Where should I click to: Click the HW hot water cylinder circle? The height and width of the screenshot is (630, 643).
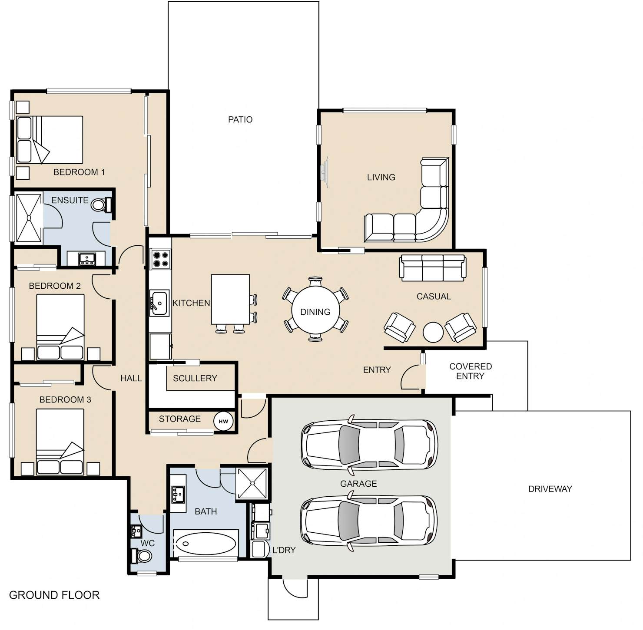pyautogui.click(x=223, y=421)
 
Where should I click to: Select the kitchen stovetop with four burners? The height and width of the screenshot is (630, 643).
pyautogui.click(x=160, y=259)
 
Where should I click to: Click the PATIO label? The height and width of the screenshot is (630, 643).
pyautogui.click(x=240, y=119)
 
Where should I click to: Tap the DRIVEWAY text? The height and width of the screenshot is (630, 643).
pyautogui.click(x=550, y=489)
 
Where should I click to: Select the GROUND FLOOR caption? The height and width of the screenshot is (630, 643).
pyautogui.click(x=54, y=595)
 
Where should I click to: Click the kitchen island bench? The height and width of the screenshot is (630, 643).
pyautogui.click(x=230, y=299)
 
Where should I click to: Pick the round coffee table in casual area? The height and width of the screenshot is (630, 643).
pyautogui.click(x=433, y=332)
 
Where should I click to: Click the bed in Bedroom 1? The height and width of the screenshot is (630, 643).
pyautogui.click(x=50, y=140)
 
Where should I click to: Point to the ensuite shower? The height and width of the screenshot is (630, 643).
pyautogui.click(x=29, y=218)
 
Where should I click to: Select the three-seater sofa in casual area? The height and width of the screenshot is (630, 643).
pyautogui.click(x=433, y=267)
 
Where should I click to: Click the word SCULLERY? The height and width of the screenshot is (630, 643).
pyautogui.click(x=195, y=378)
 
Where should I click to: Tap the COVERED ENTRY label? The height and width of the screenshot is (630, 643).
pyautogui.click(x=471, y=371)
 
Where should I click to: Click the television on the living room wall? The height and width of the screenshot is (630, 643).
pyautogui.click(x=324, y=172)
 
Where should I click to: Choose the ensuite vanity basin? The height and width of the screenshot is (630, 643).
pyautogui.click(x=87, y=259)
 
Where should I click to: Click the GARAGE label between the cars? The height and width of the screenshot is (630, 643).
pyautogui.click(x=358, y=484)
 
